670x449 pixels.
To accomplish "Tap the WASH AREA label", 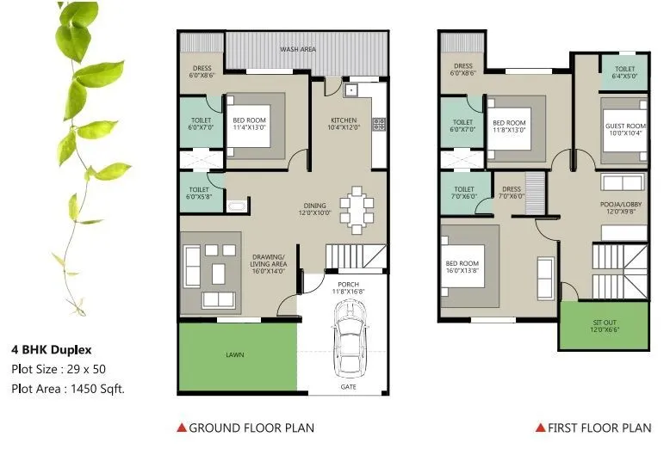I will pyautogui.click(x=297, y=49).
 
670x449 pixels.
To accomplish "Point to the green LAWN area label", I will pyautogui.click(x=235, y=354).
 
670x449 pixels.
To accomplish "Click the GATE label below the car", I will pyautogui.click(x=347, y=388).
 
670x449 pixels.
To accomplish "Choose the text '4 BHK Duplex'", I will pyautogui.click(x=51, y=350).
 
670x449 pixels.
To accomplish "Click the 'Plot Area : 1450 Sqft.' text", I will pyautogui.click(x=68, y=388).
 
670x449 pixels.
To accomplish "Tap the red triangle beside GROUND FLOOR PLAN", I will pyautogui.click(x=181, y=427).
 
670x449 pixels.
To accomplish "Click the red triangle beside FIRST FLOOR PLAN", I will pyautogui.click(x=541, y=427).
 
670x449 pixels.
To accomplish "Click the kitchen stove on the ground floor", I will pyautogui.click(x=378, y=124).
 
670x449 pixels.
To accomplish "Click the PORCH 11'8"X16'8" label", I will pyautogui.click(x=348, y=288).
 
